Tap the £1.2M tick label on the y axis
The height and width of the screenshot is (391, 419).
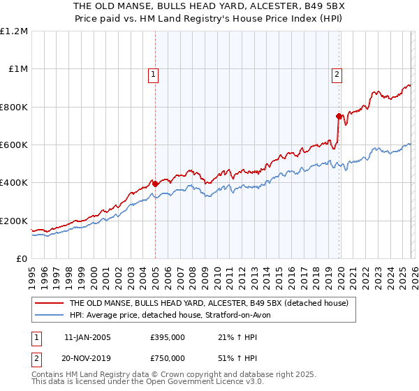coord(14,31)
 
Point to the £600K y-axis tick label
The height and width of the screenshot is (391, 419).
coord(14,145)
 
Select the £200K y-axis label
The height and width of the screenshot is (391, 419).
coord(14,221)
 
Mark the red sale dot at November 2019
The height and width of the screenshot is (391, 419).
coord(339,117)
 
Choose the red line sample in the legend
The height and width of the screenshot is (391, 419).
coord(49,303)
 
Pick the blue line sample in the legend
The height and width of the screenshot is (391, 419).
coord(49,315)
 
